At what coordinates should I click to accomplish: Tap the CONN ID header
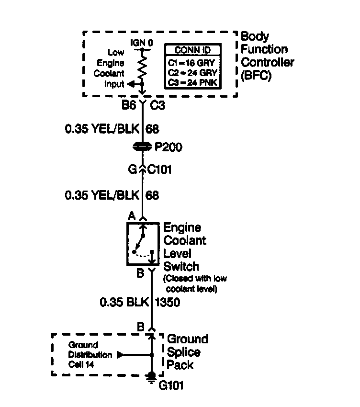(192, 50)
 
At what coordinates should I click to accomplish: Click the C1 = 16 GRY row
(192, 62)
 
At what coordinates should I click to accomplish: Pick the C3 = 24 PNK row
(192, 82)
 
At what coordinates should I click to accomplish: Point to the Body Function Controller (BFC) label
(267, 56)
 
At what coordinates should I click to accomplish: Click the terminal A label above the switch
(131, 216)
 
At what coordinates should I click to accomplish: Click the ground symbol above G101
(151, 377)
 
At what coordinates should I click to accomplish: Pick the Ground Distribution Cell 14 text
(84, 355)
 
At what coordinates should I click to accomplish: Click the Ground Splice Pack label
(186, 352)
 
